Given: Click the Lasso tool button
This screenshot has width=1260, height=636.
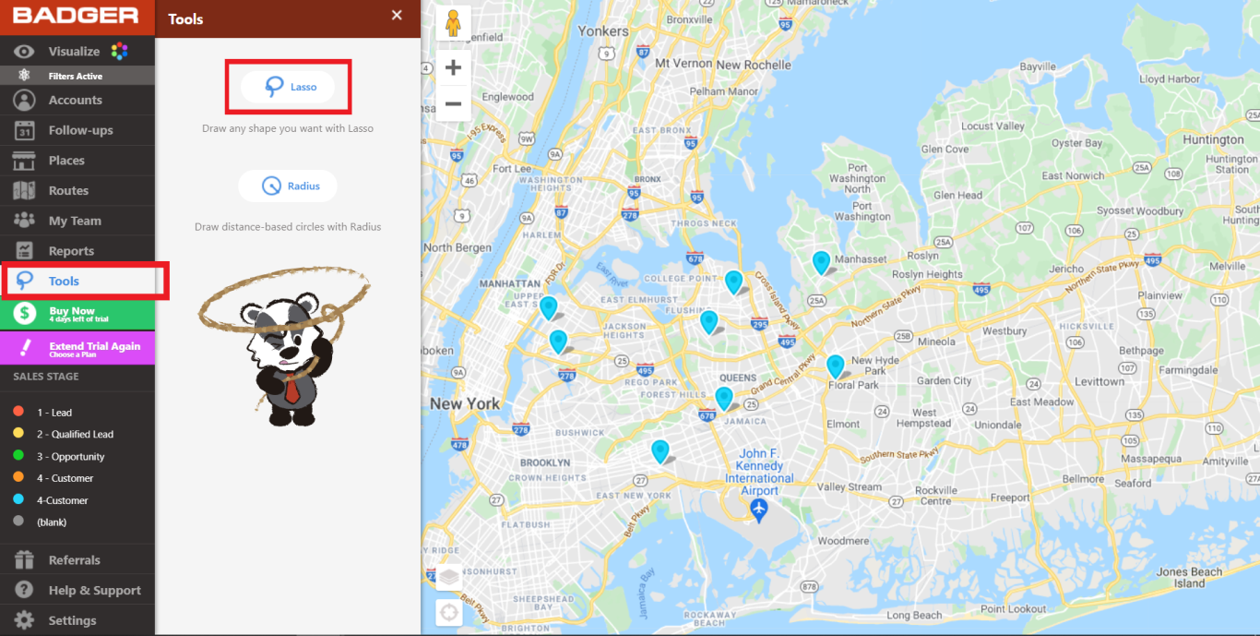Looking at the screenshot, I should [x=288, y=87].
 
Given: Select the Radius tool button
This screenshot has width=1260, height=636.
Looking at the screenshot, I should [x=288, y=186].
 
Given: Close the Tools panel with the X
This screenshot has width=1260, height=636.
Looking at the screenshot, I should [x=397, y=15].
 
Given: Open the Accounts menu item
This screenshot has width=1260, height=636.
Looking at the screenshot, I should [x=75, y=100].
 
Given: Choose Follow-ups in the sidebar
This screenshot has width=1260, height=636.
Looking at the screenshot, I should [x=80, y=130].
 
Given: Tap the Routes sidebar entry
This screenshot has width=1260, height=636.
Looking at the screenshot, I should [x=68, y=190].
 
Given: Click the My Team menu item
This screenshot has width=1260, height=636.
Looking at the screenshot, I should [x=75, y=221].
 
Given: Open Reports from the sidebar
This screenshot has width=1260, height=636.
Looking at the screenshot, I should [x=71, y=251].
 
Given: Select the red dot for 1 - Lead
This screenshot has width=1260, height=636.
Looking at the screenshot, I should [x=18, y=412].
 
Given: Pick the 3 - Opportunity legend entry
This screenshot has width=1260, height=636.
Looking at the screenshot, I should [x=70, y=456].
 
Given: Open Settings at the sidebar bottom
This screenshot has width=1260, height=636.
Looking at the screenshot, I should [x=72, y=620].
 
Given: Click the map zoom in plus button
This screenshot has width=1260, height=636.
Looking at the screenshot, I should [x=453, y=68].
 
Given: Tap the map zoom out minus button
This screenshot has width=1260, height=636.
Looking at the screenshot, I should [x=453, y=103].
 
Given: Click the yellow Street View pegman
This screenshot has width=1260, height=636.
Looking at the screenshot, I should [x=453, y=22].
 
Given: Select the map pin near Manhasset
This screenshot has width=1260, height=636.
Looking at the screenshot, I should [x=821, y=262].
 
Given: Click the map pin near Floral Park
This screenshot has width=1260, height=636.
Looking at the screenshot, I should [x=835, y=366].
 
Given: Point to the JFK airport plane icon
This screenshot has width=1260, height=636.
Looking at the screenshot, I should [x=759, y=510].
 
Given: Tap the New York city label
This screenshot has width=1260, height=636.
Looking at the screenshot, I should [x=465, y=403].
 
